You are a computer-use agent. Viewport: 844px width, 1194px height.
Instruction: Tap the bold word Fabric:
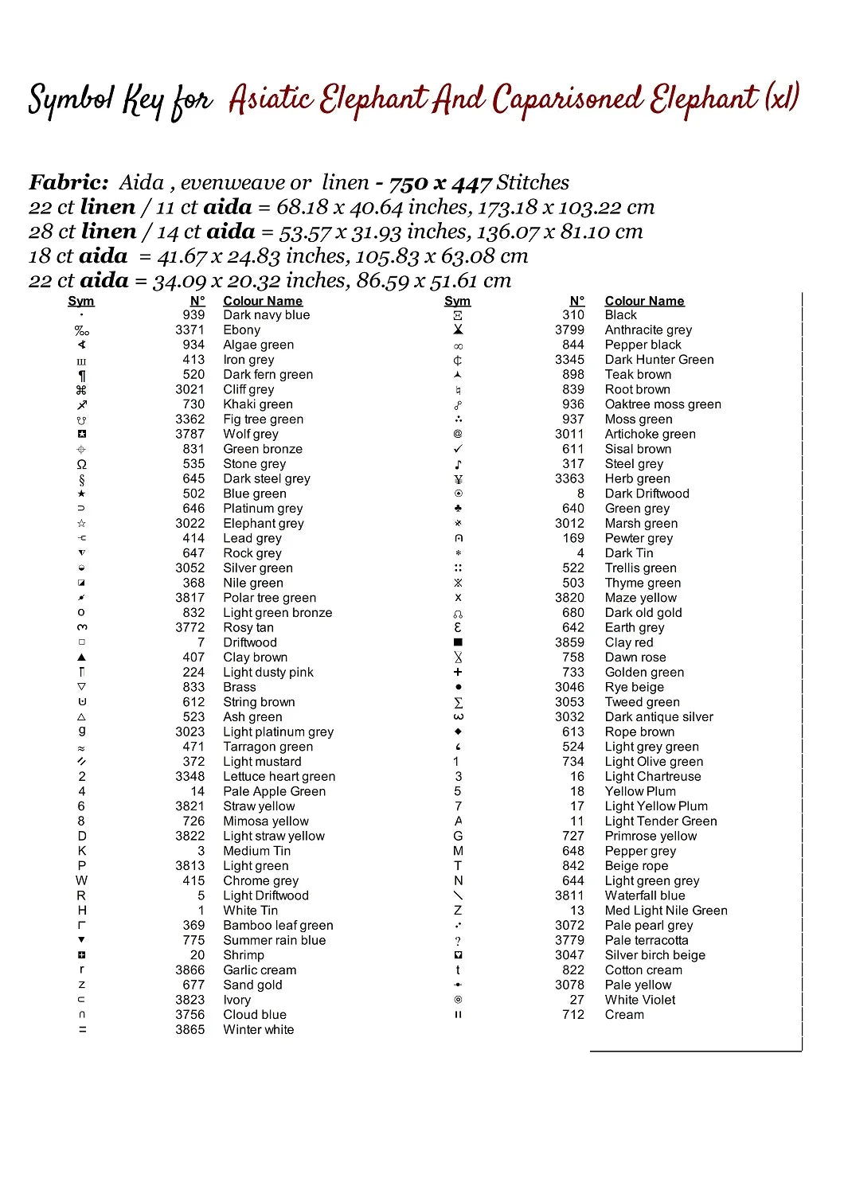[68, 183]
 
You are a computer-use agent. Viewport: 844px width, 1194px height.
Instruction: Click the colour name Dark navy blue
[266, 315]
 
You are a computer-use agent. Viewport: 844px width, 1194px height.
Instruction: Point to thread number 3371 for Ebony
[190, 330]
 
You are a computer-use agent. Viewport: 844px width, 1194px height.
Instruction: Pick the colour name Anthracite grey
[648, 330]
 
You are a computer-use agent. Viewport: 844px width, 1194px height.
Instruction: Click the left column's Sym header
[81, 301]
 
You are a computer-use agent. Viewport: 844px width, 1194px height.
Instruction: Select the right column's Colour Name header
[644, 301]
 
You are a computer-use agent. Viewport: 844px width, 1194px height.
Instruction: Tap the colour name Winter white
[258, 1030]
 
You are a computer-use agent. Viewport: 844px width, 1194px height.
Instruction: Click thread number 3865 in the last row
[190, 1030]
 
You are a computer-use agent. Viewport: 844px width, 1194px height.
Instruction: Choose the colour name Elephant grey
[263, 524]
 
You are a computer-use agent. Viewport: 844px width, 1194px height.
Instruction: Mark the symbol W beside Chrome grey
[81, 881]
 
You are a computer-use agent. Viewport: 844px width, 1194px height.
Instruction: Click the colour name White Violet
[639, 1000]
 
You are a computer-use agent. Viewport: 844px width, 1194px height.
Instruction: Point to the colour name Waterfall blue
[644, 895]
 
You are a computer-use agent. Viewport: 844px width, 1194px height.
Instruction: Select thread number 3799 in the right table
[569, 330]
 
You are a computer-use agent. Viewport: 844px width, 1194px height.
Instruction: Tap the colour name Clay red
[628, 642]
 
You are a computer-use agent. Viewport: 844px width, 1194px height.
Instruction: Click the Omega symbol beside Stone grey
[81, 464]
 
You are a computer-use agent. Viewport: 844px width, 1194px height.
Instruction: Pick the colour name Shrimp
[243, 955]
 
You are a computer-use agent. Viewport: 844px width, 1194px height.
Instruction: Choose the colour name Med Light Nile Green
[666, 911]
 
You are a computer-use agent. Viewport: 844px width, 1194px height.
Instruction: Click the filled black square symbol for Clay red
[458, 642]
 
